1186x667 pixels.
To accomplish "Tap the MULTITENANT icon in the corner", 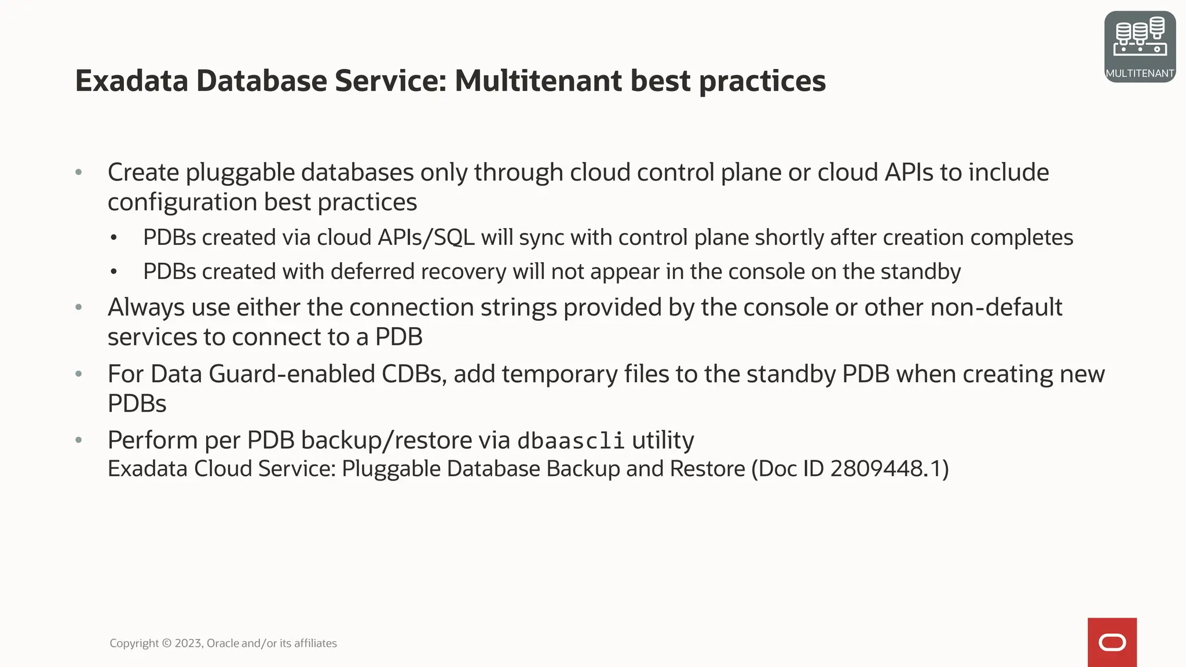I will pos(1140,46).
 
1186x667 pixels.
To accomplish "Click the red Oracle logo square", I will pos(1112,642).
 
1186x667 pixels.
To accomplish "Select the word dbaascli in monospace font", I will pos(570,441).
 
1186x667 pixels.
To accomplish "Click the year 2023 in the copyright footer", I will pos(188,643).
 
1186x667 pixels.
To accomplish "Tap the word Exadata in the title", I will pos(131,81).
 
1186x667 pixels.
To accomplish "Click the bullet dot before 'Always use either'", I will pos(79,307).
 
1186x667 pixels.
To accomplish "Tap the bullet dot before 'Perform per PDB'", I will pos(79,440).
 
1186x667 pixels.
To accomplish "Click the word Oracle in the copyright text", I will pos(222,643).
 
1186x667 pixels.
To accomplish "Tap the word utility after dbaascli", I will pos(662,441).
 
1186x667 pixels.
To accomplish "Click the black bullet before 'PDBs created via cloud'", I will pos(114,238).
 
